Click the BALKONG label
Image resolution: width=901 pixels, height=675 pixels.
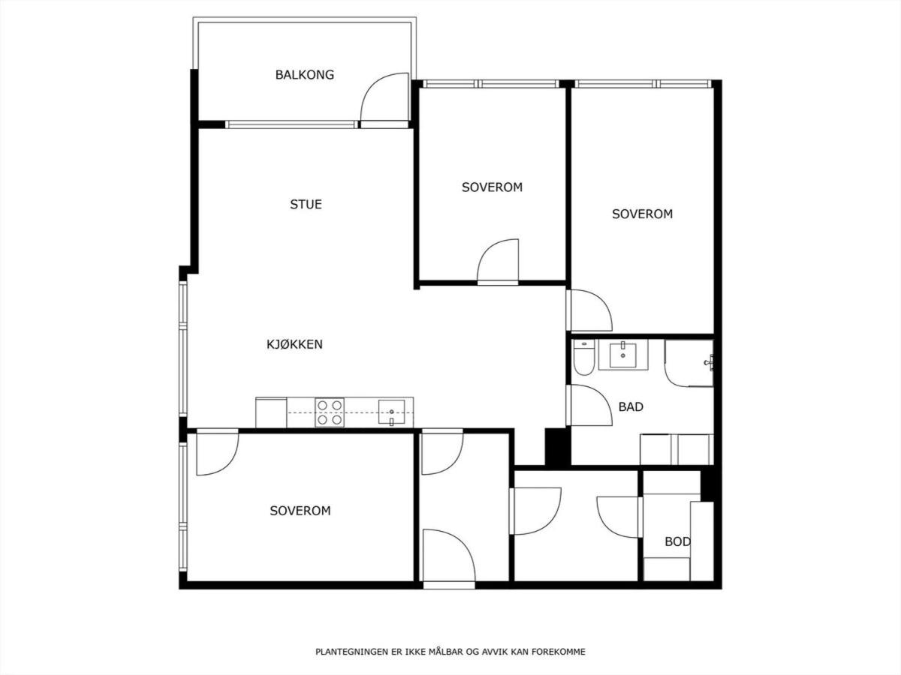[305, 74]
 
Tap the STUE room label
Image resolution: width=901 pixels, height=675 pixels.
[306, 204]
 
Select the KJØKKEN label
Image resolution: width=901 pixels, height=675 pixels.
[295, 343]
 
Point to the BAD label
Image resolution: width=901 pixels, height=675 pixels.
[631, 407]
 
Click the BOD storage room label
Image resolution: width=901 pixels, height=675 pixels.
[678, 541]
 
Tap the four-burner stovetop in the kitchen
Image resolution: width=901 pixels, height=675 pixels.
[330, 412]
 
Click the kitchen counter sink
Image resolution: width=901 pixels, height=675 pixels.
[392, 413]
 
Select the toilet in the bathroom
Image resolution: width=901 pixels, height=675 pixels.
[583, 358]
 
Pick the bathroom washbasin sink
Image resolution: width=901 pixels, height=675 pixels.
[622, 355]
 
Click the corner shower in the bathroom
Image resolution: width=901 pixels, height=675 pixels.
[689, 363]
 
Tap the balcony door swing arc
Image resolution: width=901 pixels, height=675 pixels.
[383, 97]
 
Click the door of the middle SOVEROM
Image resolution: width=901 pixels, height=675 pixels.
[498, 262]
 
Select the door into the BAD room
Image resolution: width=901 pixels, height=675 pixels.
[589, 405]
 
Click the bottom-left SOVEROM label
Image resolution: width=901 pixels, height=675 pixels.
[300, 511]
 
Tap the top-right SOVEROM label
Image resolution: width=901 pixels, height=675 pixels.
[643, 214]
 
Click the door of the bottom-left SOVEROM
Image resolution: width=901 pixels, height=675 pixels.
[218, 452]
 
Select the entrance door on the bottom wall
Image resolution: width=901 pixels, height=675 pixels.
[449, 556]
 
